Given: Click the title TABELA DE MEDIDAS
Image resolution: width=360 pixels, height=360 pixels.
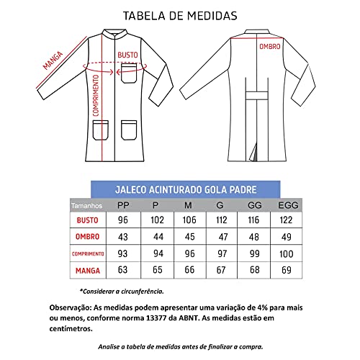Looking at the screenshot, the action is pyautogui.click(x=179, y=14).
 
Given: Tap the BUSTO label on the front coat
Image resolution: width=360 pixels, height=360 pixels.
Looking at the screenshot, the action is pyautogui.click(x=127, y=55).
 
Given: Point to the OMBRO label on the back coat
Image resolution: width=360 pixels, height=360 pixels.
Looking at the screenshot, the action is pyautogui.click(x=270, y=45).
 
